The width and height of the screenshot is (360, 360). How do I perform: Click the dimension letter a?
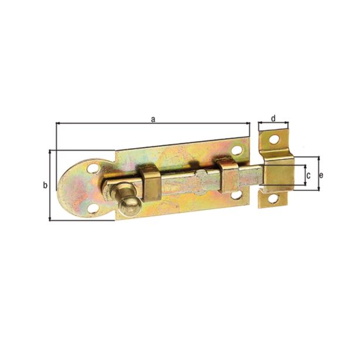pos(153,119)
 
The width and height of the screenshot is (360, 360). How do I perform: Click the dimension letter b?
pos(45,185)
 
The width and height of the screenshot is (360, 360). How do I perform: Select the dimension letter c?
pos(308,176)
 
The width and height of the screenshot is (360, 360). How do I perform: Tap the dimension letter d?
pos(273,118)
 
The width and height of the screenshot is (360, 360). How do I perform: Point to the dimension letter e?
pos(321,176)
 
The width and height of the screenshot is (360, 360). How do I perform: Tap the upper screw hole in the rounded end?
pos(93,169)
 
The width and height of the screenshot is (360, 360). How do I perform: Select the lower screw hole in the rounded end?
pos(94,208)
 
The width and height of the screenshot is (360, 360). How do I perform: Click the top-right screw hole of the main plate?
pos(236,150)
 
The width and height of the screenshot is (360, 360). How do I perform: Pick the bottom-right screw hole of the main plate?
pos(236,195)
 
